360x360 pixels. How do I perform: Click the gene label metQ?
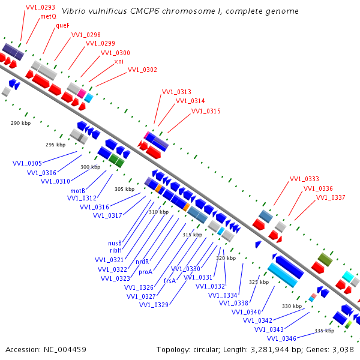[x=48, y=17]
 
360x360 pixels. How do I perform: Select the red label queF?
[x=62, y=25]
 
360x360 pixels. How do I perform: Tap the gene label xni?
[x=119, y=61]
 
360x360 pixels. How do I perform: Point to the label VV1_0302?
[x=142, y=70]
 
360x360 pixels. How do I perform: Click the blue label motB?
[x=77, y=191]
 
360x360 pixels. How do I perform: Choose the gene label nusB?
[x=115, y=243]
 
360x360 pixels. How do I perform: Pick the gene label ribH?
[x=116, y=250]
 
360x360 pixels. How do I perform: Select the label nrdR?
[x=142, y=262]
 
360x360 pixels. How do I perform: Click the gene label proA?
[x=146, y=272]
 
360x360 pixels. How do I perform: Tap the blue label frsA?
[x=170, y=281]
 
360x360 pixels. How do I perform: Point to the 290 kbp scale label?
[x=20, y=123]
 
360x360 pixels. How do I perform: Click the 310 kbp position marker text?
[x=158, y=212]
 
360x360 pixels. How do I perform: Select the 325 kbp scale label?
[x=259, y=282]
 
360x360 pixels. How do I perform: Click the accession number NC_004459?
[x=65, y=350]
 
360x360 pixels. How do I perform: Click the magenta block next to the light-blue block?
[x=82, y=93]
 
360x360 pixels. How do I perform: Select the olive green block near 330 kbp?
[x=325, y=260]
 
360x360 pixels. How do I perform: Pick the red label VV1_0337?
[x=331, y=197]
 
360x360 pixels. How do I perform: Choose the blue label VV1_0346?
[x=282, y=338]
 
